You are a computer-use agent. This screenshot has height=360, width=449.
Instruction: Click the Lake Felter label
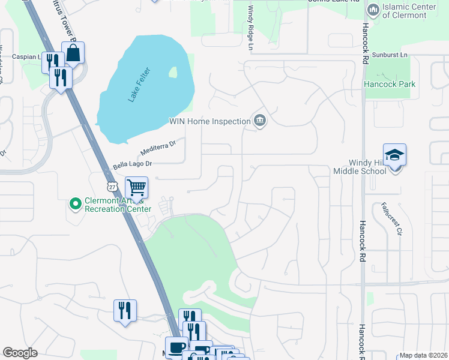click(x=139, y=86)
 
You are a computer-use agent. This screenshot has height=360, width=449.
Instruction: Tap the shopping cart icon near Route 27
click(x=136, y=188)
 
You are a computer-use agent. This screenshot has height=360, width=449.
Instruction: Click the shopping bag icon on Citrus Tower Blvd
click(x=73, y=53)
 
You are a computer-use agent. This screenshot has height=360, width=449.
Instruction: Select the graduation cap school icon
click(x=394, y=155)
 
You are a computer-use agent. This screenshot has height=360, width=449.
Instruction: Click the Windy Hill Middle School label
click(x=360, y=167)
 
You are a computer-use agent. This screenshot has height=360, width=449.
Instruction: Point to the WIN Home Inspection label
click(x=209, y=121)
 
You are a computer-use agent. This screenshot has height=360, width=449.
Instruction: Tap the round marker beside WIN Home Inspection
click(x=259, y=121)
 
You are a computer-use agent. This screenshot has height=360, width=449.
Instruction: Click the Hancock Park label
click(x=390, y=85)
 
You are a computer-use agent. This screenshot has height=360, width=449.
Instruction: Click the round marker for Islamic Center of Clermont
click(x=373, y=10)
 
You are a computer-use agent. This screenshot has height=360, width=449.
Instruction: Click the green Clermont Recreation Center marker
click(x=76, y=205)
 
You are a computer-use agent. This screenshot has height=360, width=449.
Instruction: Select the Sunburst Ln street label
click(x=389, y=55)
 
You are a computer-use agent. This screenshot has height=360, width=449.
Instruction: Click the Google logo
click(x=20, y=353)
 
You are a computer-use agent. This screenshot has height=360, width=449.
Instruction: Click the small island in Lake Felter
click(x=173, y=73)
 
